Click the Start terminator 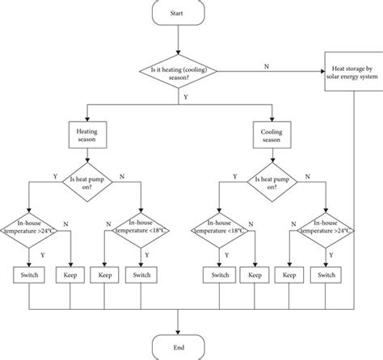(177, 13)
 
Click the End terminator (177, 345)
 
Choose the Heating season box (86, 134)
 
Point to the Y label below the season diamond (187, 96)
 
